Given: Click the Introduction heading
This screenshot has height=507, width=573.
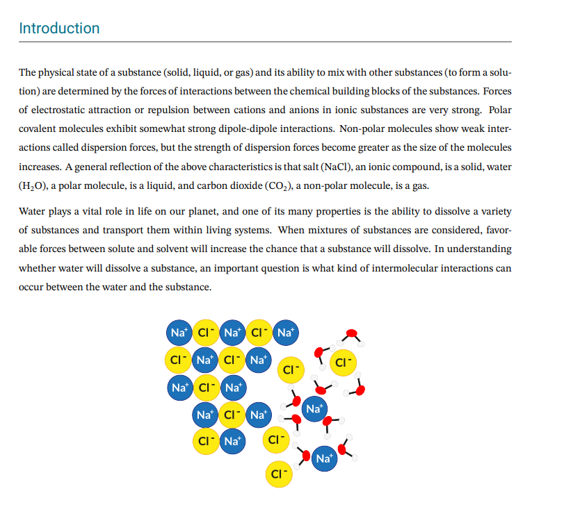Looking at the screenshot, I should coord(59,28).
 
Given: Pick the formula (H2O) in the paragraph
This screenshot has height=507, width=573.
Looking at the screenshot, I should coord(34,186).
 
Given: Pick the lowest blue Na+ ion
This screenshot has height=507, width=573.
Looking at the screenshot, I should coord(325,458).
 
